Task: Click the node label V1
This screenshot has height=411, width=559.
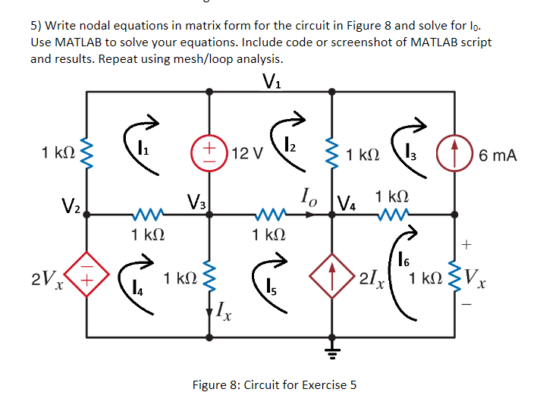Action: (x=271, y=80)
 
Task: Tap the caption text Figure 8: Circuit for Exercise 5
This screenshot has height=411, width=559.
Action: (x=274, y=384)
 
